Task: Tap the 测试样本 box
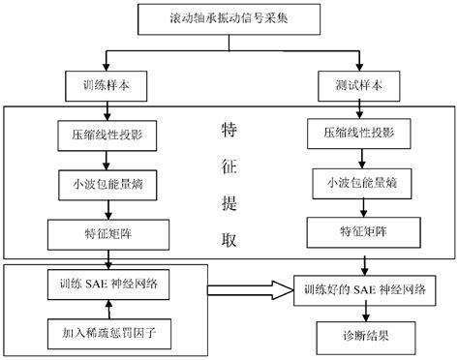pos(361,85)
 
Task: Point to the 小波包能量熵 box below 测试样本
pos(361,180)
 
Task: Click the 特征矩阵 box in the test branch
pos(361,231)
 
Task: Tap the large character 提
pos(229,207)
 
